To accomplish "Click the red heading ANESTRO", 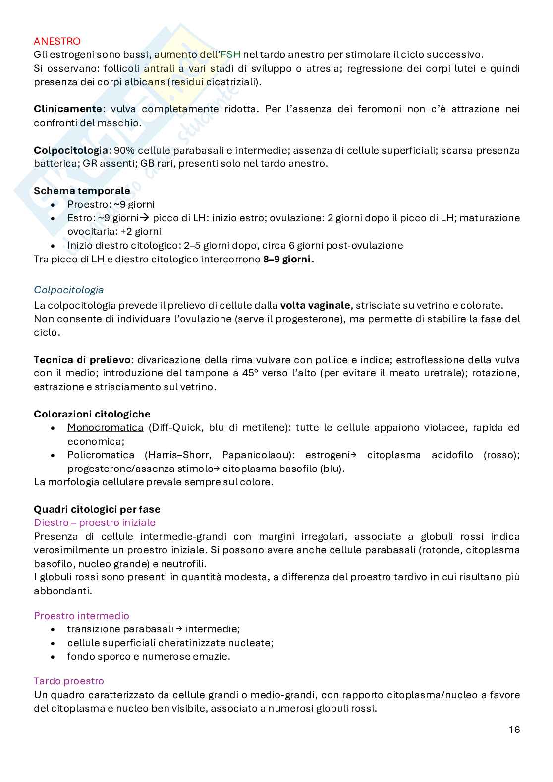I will coord(57,41).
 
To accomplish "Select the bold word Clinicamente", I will coord(68,109).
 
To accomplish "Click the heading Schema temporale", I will coord(82,191).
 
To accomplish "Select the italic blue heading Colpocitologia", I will coord(68,290).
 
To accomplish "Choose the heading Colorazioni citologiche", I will coord(92,414).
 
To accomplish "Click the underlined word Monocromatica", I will coord(105,427).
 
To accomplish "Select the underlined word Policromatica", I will coord(101,455).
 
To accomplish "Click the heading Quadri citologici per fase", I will coord(97,509).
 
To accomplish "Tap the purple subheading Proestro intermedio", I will coord(81,616).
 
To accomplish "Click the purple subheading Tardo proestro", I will coord(68,681).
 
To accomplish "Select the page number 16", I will coord(514,730).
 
